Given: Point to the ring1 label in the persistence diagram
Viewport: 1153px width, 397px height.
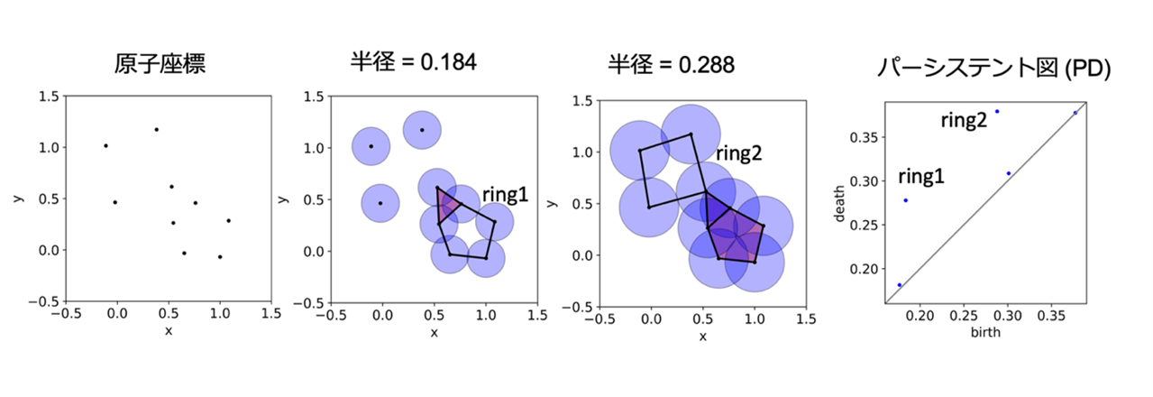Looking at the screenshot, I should [x=921, y=177].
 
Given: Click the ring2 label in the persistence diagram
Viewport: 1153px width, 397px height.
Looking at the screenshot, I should [x=965, y=120].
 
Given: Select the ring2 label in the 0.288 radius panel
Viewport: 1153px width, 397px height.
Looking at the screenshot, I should [x=739, y=153].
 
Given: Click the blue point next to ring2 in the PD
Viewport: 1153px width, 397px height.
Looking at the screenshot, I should [x=997, y=112].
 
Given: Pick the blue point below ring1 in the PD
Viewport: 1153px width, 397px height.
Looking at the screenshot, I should [x=905, y=200].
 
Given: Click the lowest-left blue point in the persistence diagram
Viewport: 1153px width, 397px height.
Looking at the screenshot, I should [x=900, y=285].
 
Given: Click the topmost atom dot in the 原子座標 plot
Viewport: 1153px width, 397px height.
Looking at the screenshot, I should [x=156, y=129].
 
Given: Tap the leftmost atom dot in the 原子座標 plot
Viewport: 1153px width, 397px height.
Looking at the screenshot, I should [x=105, y=145].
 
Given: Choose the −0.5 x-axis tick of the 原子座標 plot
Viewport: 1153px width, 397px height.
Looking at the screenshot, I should [x=65, y=316].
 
